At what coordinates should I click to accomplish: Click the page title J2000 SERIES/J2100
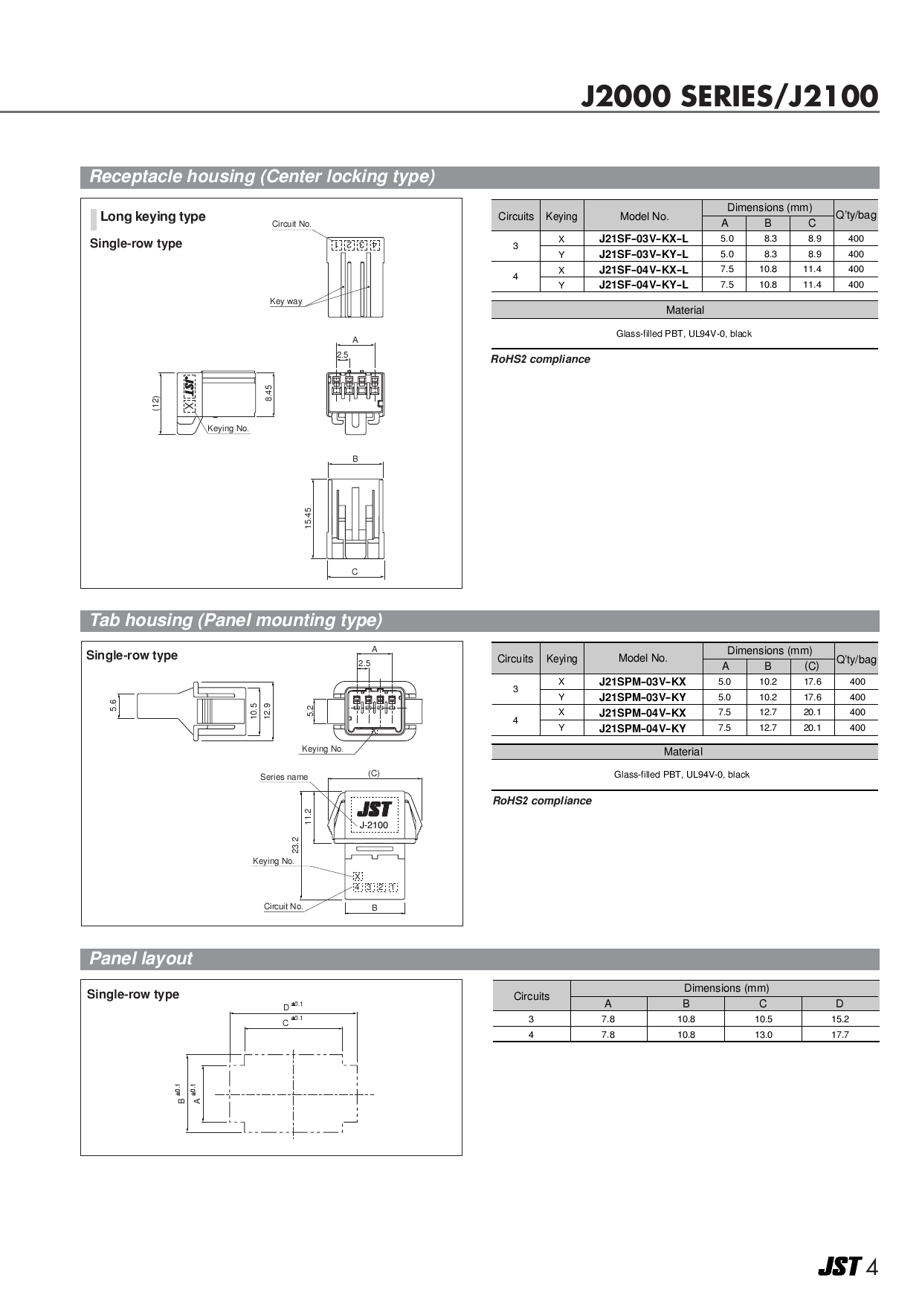[x=729, y=97]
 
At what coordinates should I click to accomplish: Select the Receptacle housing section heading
[x=262, y=177]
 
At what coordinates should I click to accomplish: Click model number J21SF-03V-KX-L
[x=643, y=239]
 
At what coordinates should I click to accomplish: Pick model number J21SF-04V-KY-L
[x=643, y=285]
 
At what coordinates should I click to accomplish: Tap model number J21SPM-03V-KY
[x=642, y=697]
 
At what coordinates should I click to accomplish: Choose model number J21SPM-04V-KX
[x=642, y=712]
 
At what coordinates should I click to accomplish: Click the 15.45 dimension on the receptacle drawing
[x=308, y=518]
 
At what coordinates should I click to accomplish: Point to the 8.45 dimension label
[x=268, y=393]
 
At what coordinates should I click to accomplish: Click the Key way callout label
[x=286, y=302]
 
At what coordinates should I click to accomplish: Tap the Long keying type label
[x=152, y=216]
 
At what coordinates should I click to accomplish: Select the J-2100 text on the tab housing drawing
[x=373, y=825]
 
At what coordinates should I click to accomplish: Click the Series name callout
[x=283, y=777]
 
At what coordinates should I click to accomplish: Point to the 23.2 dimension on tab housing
[x=295, y=845]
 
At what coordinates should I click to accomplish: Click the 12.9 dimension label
[x=267, y=710]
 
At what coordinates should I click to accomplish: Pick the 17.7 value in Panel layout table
[x=839, y=1035]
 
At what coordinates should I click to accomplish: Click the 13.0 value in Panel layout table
[x=763, y=1035]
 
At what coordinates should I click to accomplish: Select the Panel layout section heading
[x=141, y=959]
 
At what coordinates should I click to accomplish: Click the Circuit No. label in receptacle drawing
[x=291, y=224]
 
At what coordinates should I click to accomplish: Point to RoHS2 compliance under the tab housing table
[x=542, y=801]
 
